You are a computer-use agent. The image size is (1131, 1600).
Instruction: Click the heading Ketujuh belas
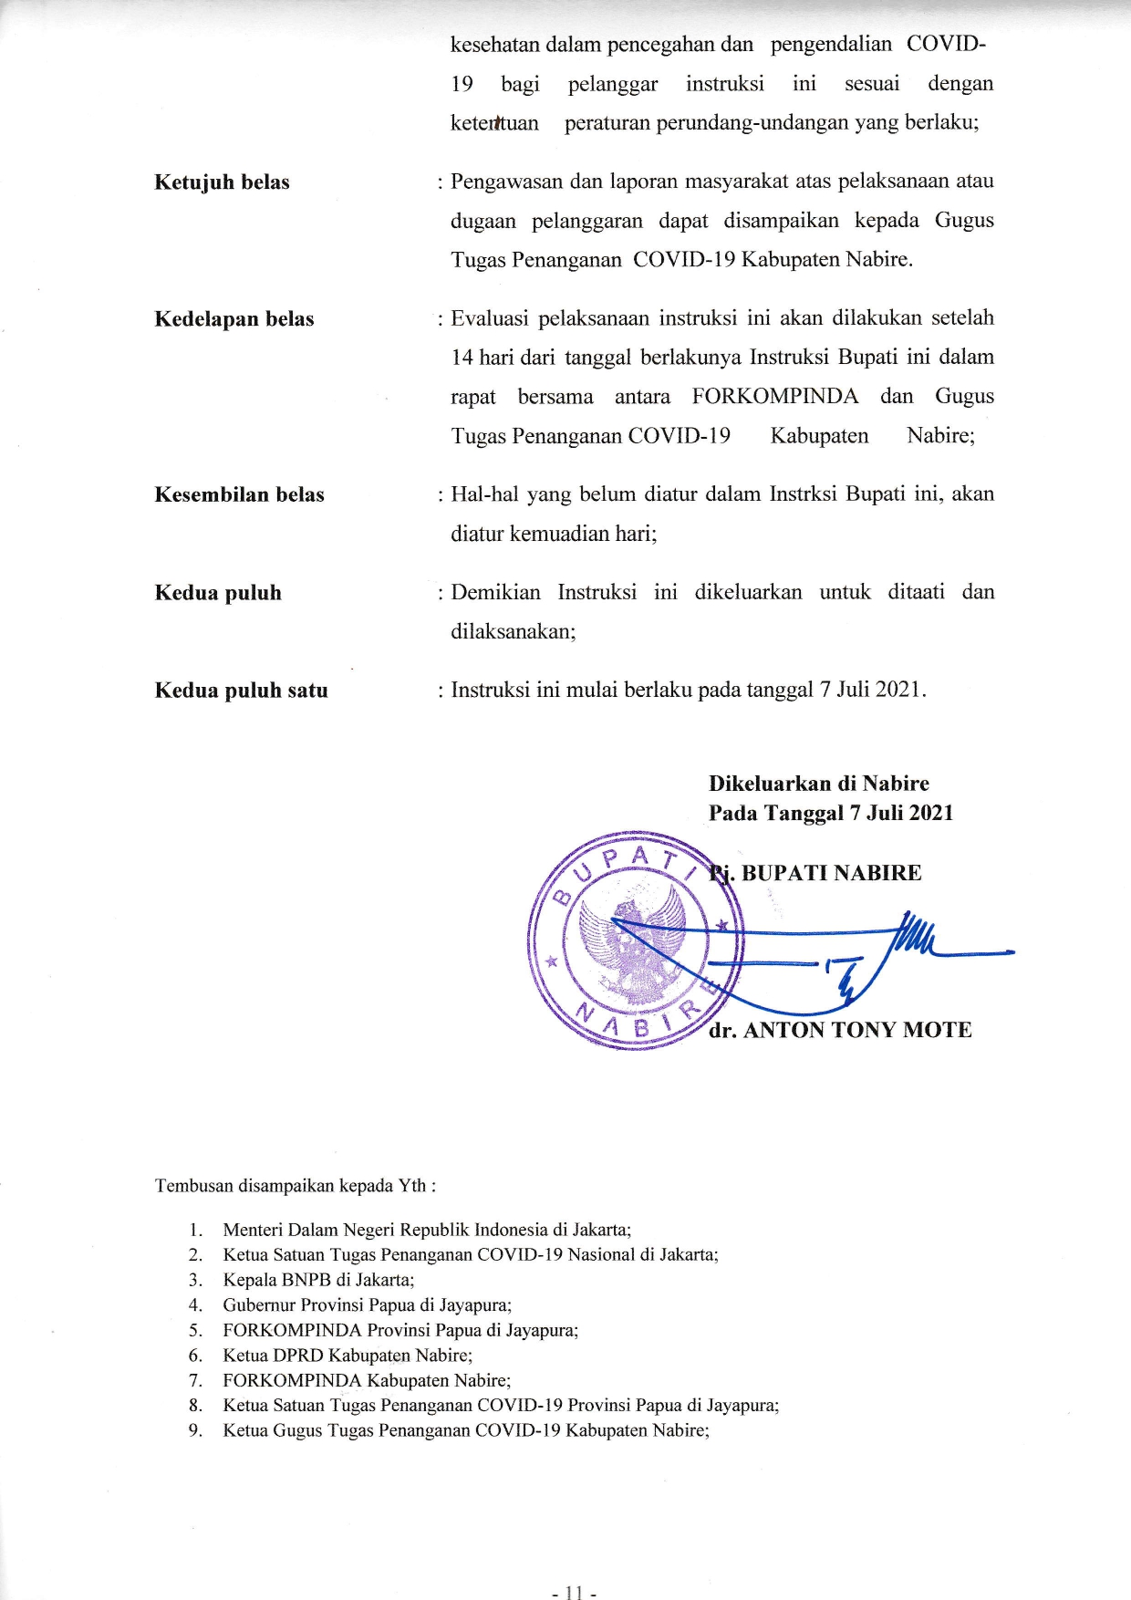tap(222, 182)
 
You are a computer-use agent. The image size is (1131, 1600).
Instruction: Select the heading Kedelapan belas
tap(234, 319)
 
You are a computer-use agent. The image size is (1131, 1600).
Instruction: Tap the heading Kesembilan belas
tap(239, 494)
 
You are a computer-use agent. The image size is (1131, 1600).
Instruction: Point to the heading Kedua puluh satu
tap(241, 691)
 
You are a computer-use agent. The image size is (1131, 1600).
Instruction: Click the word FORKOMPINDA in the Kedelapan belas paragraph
tap(774, 397)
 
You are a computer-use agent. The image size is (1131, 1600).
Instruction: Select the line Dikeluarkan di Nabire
tap(818, 784)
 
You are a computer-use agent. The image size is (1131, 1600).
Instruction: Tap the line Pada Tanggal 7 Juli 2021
tap(830, 813)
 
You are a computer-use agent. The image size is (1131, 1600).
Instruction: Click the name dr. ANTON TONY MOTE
tap(840, 1030)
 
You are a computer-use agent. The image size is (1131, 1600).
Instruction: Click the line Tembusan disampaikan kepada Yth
tap(295, 1186)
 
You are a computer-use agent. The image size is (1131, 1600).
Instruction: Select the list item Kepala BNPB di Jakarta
tap(318, 1280)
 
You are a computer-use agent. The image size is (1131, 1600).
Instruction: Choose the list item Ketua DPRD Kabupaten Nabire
tap(348, 1356)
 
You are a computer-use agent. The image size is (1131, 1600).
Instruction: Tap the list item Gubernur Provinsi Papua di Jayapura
tap(367, 1305)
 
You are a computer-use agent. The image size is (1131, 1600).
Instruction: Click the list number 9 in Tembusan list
tap(195, 1430)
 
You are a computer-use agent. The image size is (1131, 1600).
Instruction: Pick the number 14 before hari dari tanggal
tap(462, 358)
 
